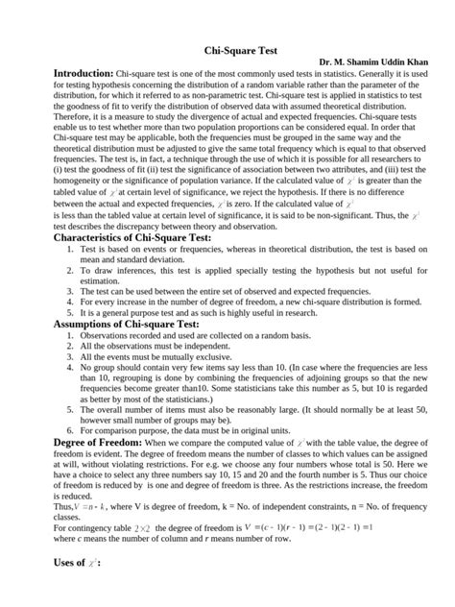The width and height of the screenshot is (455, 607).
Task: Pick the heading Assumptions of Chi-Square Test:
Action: (x=126, y=324)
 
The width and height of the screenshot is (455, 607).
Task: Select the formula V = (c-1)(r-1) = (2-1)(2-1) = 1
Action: (x=314, y=554)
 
